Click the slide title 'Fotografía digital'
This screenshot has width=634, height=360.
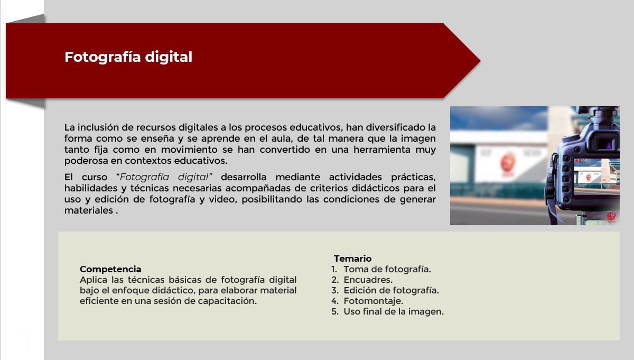[128, 57]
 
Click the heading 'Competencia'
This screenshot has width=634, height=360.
[110, 269]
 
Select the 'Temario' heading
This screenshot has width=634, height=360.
[352, 259]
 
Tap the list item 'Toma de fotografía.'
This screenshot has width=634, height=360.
[387, 270]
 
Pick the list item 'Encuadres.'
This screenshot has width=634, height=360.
[368, 280]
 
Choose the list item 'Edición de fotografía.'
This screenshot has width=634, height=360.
[391, 291]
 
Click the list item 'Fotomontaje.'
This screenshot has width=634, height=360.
[374, 301]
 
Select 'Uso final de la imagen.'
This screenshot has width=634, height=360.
[394, 311]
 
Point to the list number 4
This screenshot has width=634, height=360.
[335, 301]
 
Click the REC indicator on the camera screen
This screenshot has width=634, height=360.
[580, 161]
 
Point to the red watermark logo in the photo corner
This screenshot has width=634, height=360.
[611, 217]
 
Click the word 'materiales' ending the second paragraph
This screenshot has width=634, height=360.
[89, 210]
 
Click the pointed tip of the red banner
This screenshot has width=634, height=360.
[480, 61]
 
